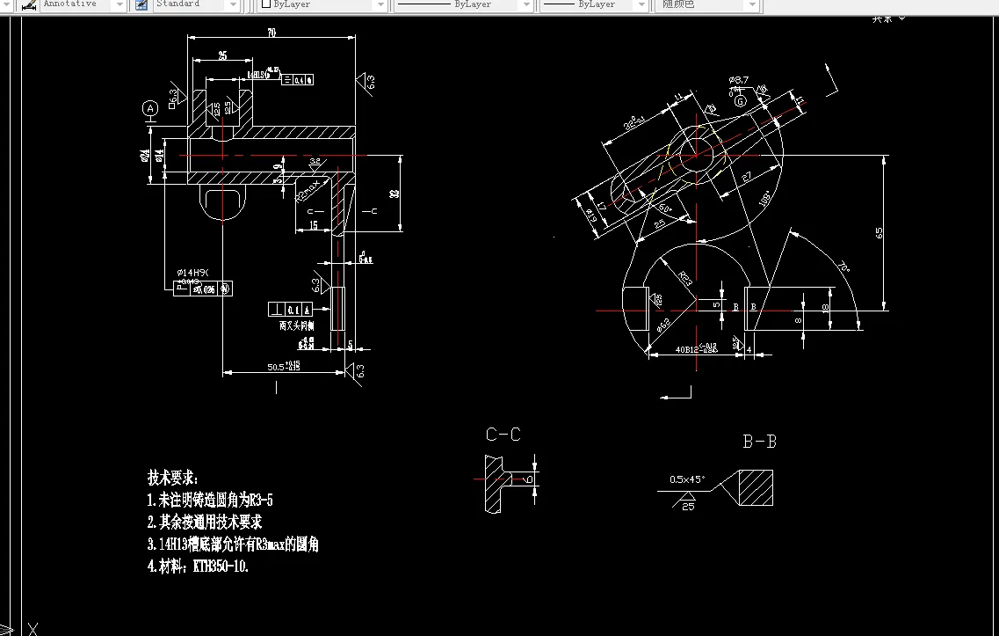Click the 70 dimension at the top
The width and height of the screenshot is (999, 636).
click(271, 33)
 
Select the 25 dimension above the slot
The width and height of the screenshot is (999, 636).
click(222, 55)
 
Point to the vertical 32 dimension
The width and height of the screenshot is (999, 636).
click(395, 194)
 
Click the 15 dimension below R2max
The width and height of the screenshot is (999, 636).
click(314, 226)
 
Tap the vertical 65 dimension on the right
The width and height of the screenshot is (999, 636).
click(879, 232)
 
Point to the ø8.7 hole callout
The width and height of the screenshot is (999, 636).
click(738, 80)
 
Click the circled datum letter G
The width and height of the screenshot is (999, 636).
click(741, 101)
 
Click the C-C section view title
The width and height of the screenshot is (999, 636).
click(503, 435)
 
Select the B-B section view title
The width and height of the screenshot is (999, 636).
click(759, 442)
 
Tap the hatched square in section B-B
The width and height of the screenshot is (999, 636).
click(755, 487)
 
